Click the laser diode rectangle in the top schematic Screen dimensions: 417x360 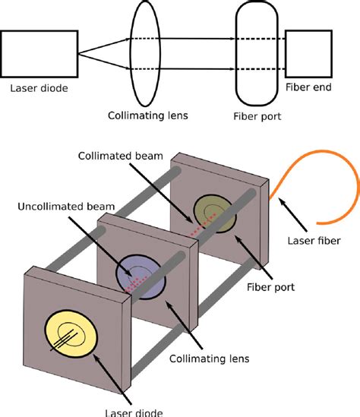pos(39,53)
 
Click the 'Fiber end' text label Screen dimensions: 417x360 pos(307,88)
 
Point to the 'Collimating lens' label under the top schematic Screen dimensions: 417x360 pos(144,116)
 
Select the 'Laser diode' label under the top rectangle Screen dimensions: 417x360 pos(39,88)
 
